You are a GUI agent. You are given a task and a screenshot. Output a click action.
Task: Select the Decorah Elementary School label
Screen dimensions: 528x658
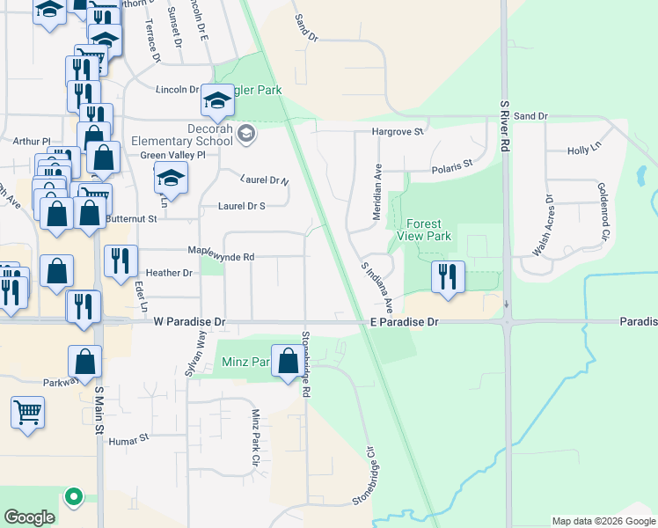[182, 134]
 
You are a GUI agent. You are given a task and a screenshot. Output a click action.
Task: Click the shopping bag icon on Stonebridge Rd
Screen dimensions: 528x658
[288, 360]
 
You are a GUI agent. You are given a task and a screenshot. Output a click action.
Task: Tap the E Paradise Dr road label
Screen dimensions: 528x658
[404, 323]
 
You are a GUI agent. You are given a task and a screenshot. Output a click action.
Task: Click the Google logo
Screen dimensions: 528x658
[29, 517]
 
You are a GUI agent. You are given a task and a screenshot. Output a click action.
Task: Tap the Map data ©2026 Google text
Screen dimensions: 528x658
[603, 521]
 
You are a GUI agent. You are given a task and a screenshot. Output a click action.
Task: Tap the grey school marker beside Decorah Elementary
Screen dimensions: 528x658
[246, 134]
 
